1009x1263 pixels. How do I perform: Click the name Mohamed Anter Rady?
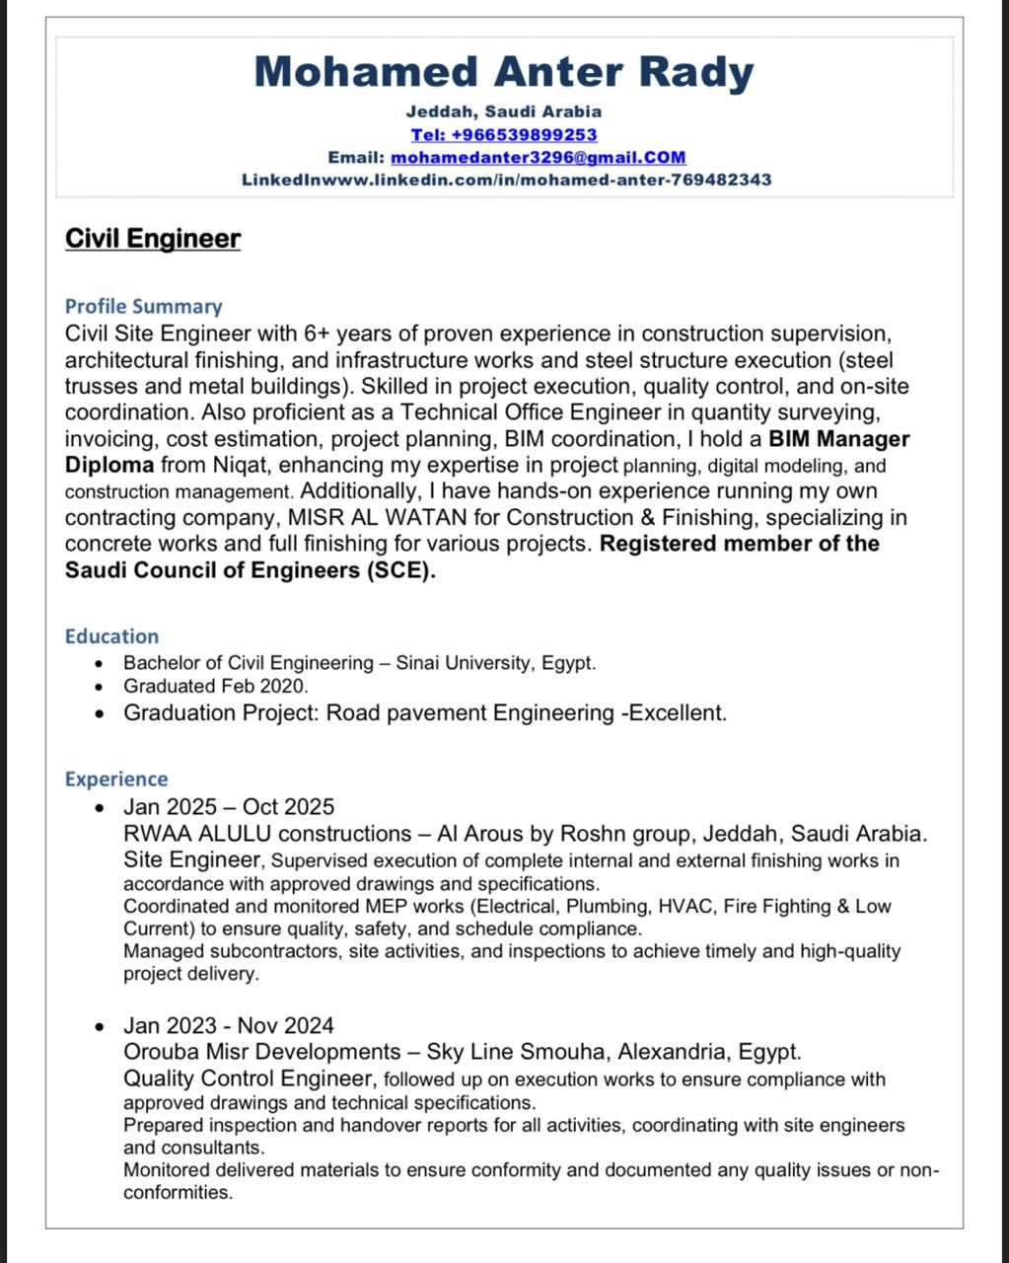point(504,72)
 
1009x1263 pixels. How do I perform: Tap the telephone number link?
point(504,134)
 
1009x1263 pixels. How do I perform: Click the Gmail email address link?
point(538,157)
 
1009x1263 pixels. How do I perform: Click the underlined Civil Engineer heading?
point(153,239)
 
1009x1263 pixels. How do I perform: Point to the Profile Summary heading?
point(143,306)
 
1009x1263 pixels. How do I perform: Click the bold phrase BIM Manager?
point(838,439)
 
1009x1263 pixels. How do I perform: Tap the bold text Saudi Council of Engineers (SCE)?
point(250,570)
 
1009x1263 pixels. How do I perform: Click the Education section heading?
point(111,636)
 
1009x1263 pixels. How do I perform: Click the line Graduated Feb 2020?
point(215,686)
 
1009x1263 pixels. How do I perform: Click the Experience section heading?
point(116,780)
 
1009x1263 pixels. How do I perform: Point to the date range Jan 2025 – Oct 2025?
point(229,807)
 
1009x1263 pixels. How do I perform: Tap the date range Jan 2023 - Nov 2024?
point(229,1026)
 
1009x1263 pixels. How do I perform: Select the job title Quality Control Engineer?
point(249,1077)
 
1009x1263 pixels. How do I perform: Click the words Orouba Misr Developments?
point(262,1052)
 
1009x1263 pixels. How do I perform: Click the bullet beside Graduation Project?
point(99,713)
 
